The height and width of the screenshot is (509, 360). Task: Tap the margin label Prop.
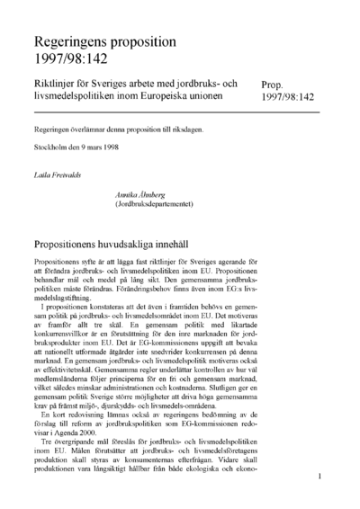coord(275,82)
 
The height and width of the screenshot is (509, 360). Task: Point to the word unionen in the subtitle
coord(220,96)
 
